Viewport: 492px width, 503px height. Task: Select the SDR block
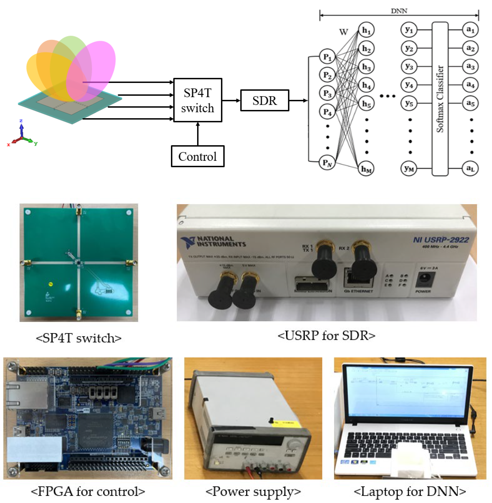265,100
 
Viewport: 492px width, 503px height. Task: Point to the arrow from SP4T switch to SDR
231,100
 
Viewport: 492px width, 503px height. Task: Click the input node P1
327,57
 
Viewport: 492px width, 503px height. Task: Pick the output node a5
470,103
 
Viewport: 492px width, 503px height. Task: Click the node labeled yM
409,169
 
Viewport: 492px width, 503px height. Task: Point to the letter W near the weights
343,32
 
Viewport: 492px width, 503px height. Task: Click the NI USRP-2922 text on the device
441,240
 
